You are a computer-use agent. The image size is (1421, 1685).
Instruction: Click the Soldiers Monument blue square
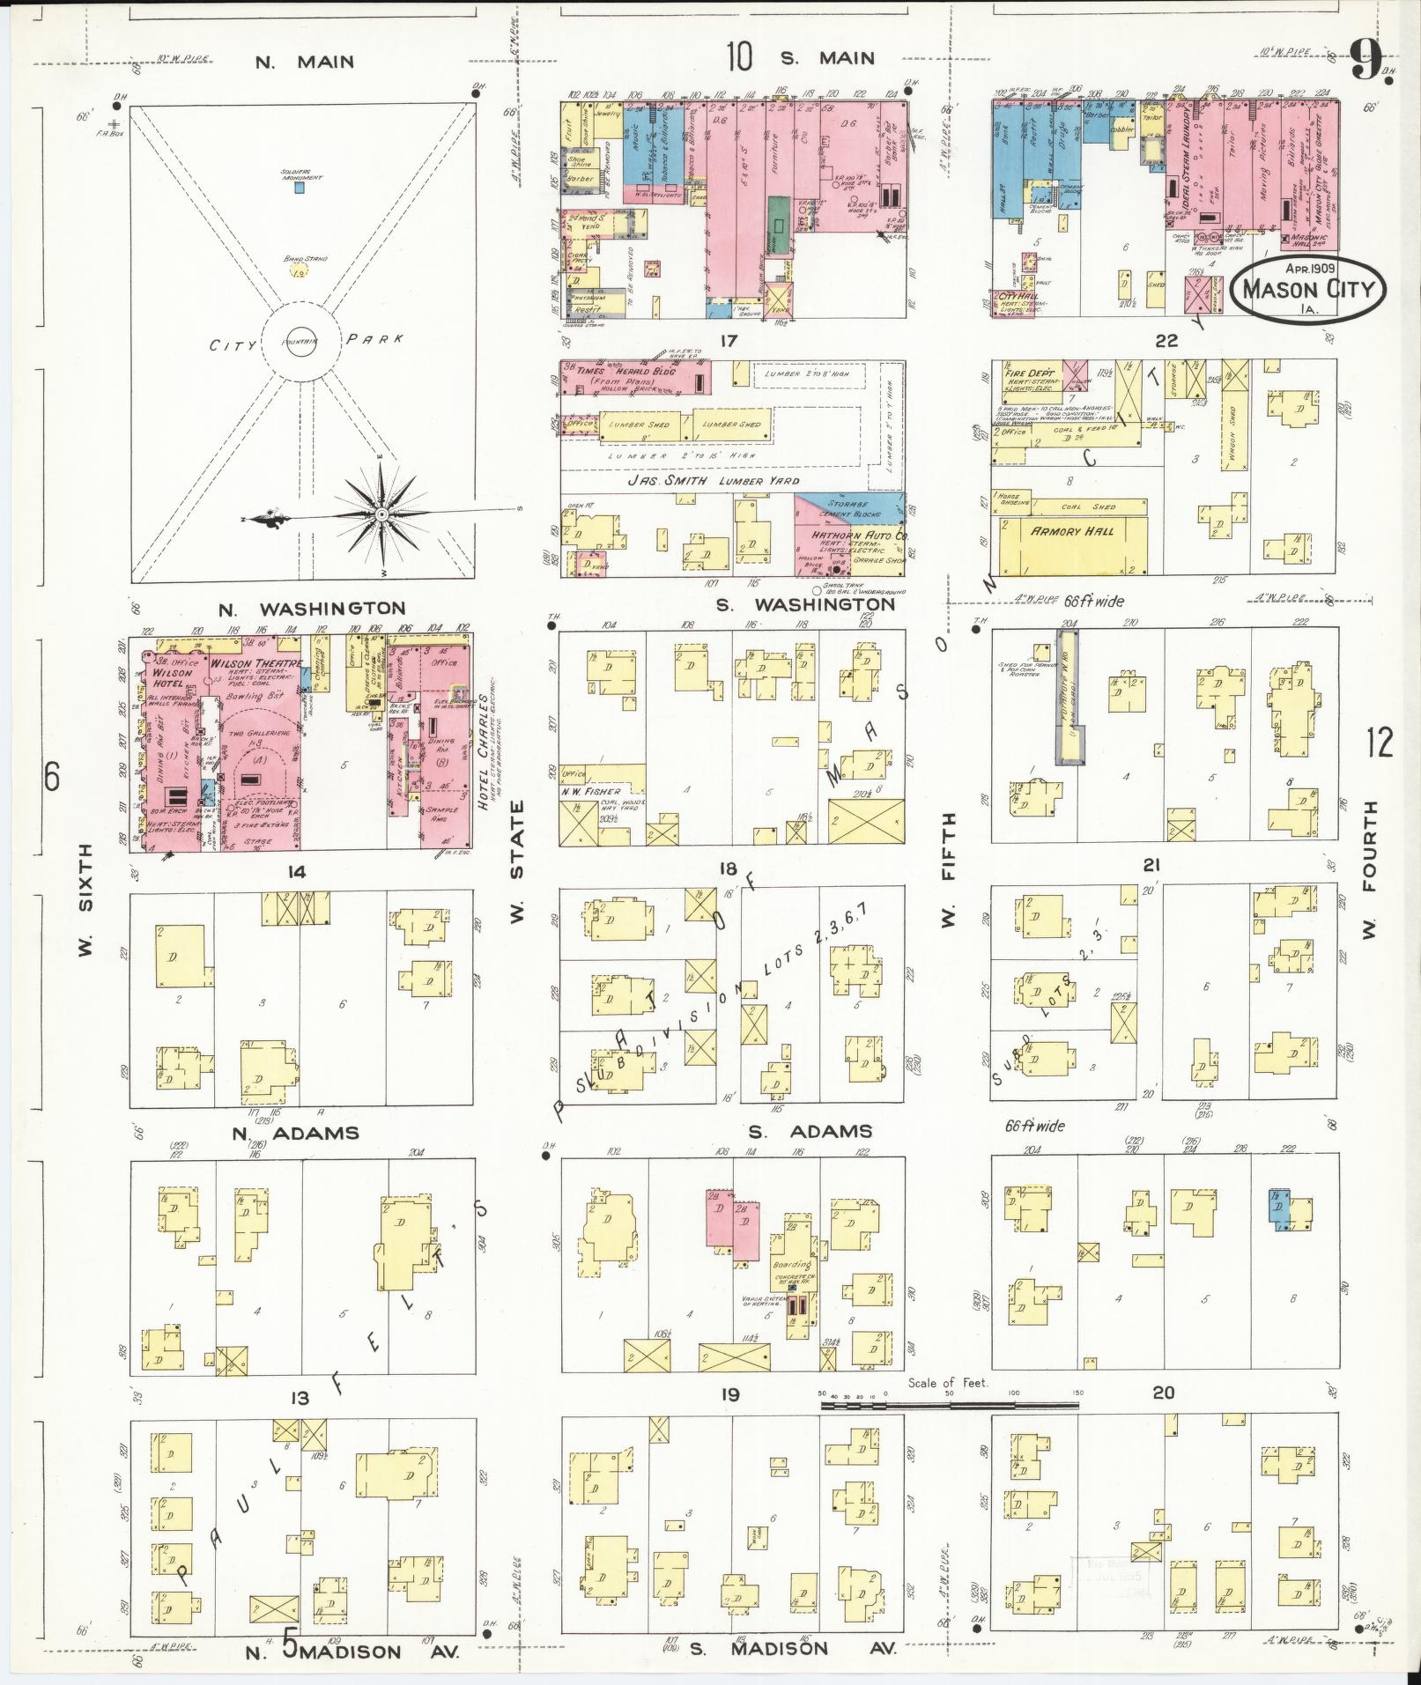(300, 188)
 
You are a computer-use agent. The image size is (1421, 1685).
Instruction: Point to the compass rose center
(381, 514)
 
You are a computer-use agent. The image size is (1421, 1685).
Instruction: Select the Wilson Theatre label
(255, 662)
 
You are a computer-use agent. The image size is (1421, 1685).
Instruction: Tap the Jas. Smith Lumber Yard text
(714, 480)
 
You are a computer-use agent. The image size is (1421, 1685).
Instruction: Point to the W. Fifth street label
(949, 868)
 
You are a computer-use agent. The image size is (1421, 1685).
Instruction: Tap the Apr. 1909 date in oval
(1310, 270)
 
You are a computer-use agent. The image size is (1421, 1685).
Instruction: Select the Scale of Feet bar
(950, 1408)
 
